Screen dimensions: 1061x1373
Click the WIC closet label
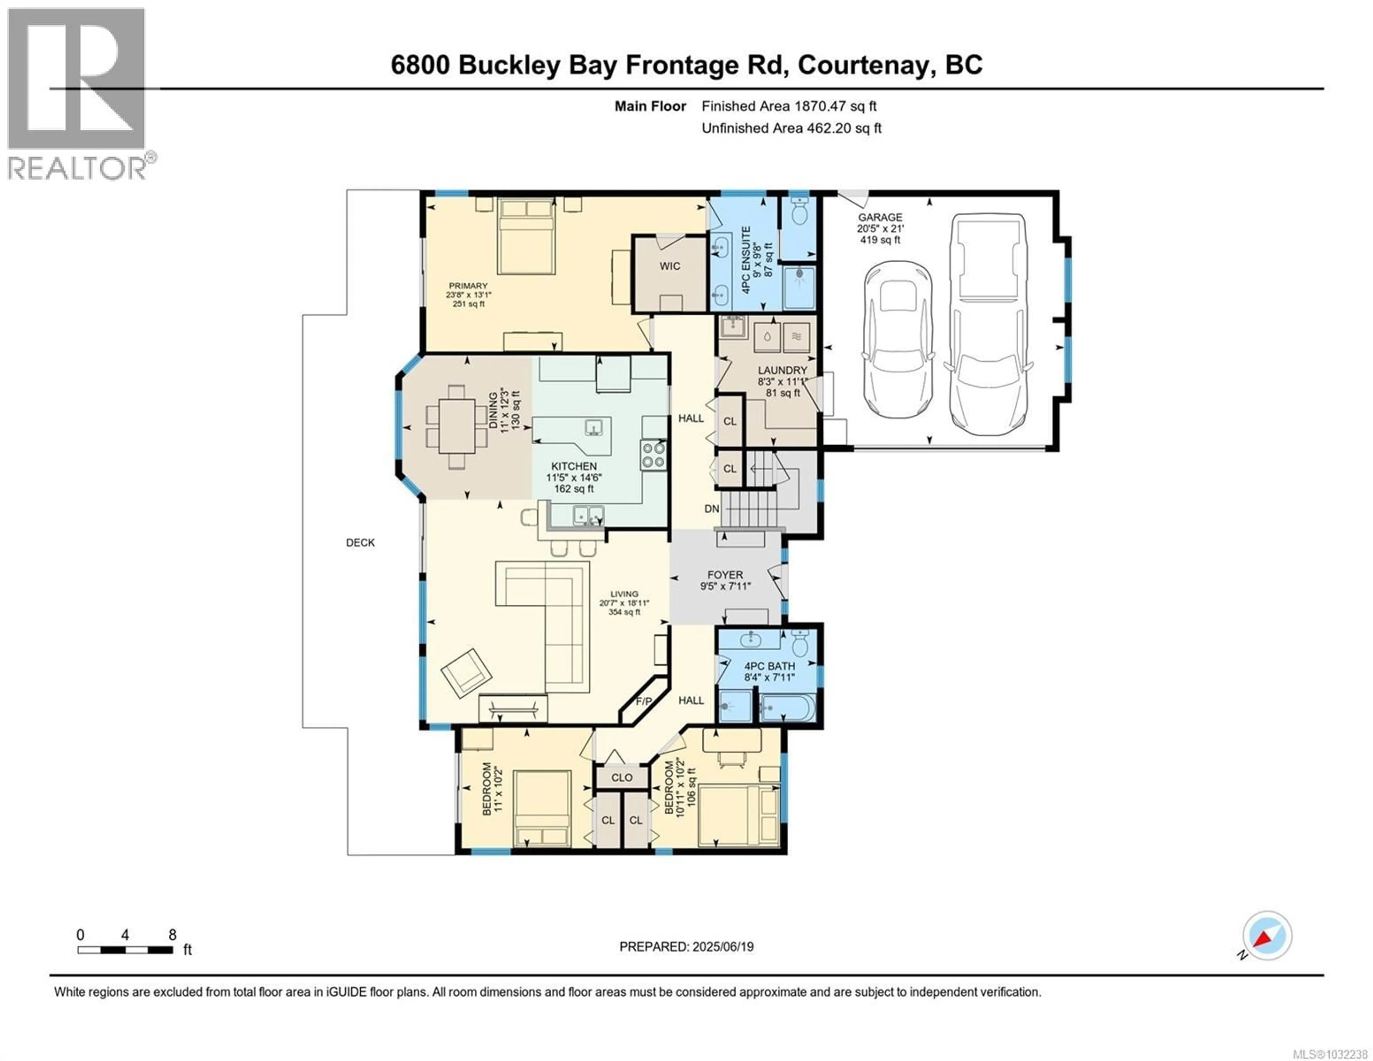tap(670, 266)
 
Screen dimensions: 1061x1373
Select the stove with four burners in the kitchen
tap(653, 455)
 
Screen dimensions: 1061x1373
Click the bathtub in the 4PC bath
tap(788, 709)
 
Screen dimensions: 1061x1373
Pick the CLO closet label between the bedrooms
tap(622, 777)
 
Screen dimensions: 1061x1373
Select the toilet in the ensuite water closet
tap(799, 212)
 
